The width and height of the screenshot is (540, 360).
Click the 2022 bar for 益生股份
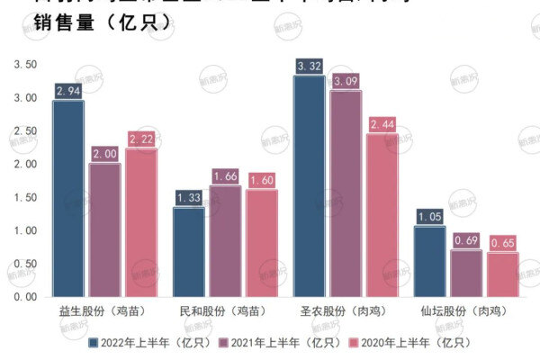click(x=68, y=198)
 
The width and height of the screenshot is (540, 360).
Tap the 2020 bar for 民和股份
click(x=262, y=243)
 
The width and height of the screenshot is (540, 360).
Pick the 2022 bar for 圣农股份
click(x=310, y=185)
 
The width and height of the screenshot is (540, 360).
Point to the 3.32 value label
click(x=310, y=66)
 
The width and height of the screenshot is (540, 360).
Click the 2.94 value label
click(x=68, y=91)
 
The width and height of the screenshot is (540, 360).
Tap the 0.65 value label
click(x=502, y=243)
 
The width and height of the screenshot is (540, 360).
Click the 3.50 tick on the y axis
click(x=25, y=65)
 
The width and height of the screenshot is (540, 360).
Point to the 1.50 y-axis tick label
click(x=25, y=197)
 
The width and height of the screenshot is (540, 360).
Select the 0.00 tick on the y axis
click(x=25, y=297)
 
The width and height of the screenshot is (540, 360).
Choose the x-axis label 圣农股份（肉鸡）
click(x=347, y=311)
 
